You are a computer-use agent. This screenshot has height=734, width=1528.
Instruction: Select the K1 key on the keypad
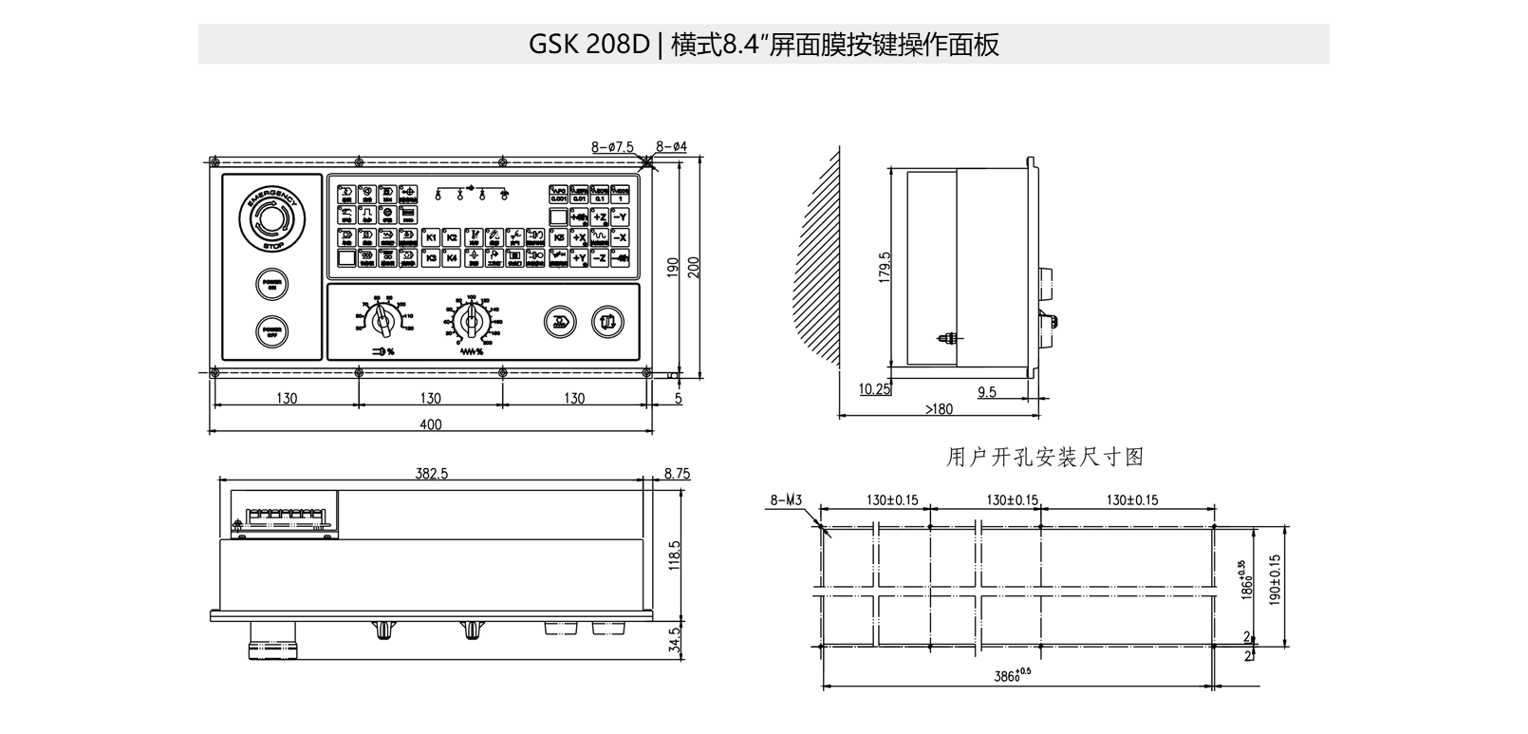[x=431, y=237]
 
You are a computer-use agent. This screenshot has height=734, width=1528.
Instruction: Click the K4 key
[x=452, y=257]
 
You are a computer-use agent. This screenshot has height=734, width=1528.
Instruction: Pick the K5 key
[x=559, y=237]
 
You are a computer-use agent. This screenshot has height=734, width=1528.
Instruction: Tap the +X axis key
[x=579, y=237]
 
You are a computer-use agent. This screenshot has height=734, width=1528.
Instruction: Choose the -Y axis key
[x=621, y=217]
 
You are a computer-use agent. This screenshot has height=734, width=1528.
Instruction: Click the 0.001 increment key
[x=558, y=195]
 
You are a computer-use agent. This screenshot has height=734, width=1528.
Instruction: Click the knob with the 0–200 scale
[x=468, y=323]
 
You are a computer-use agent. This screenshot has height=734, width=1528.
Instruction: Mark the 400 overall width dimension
[x=430, y=424]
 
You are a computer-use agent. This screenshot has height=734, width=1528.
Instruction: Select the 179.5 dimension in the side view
[x=885, y=268]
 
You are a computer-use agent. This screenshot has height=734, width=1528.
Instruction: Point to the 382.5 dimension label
[x=431, y=473]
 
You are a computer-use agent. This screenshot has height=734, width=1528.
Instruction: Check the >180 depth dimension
[x=938, y=409]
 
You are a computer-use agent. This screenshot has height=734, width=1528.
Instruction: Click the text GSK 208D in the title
[x=588, y=45]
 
